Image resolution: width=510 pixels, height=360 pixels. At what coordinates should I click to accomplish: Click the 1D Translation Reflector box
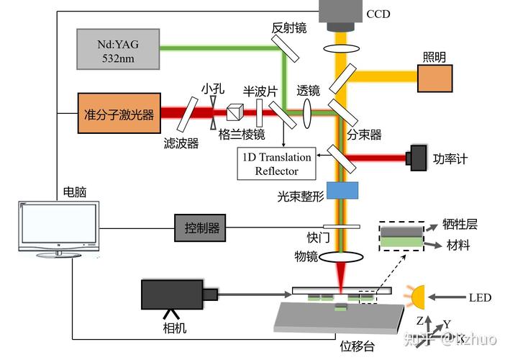pos(278,163)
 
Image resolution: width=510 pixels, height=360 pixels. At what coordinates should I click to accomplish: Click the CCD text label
pos(378,14)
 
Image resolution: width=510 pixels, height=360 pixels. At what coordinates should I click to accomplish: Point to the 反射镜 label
pos(289,28)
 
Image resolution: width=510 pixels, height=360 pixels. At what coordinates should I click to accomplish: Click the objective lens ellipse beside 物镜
pos(341,257)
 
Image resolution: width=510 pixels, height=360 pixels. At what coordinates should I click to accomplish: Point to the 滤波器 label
pos(180,143)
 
